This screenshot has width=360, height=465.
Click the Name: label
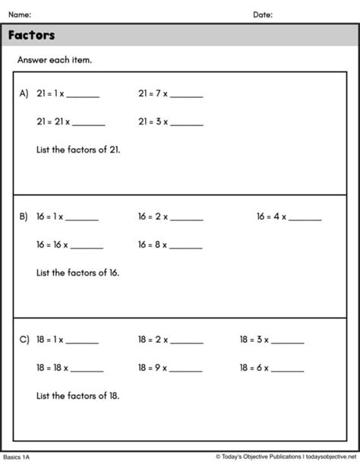tap(20, 14)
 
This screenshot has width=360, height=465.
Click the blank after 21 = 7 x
tap(187, 96)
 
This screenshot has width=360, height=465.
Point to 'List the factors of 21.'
tap(78, 150)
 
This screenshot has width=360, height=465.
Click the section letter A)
tap(24, 94)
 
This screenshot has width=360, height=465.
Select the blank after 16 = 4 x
tap(305, 218)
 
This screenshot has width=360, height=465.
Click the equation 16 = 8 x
tap(154, 245)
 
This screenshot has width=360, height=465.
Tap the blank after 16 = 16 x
tap(87, 246)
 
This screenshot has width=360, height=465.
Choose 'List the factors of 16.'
tap(78, 272)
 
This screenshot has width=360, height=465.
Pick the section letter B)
tap(24, 217)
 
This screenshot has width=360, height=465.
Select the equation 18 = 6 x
tap(254, 367)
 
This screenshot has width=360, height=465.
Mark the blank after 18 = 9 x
tap(187, 369)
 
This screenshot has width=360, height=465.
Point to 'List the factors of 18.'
tap(78, 395)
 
